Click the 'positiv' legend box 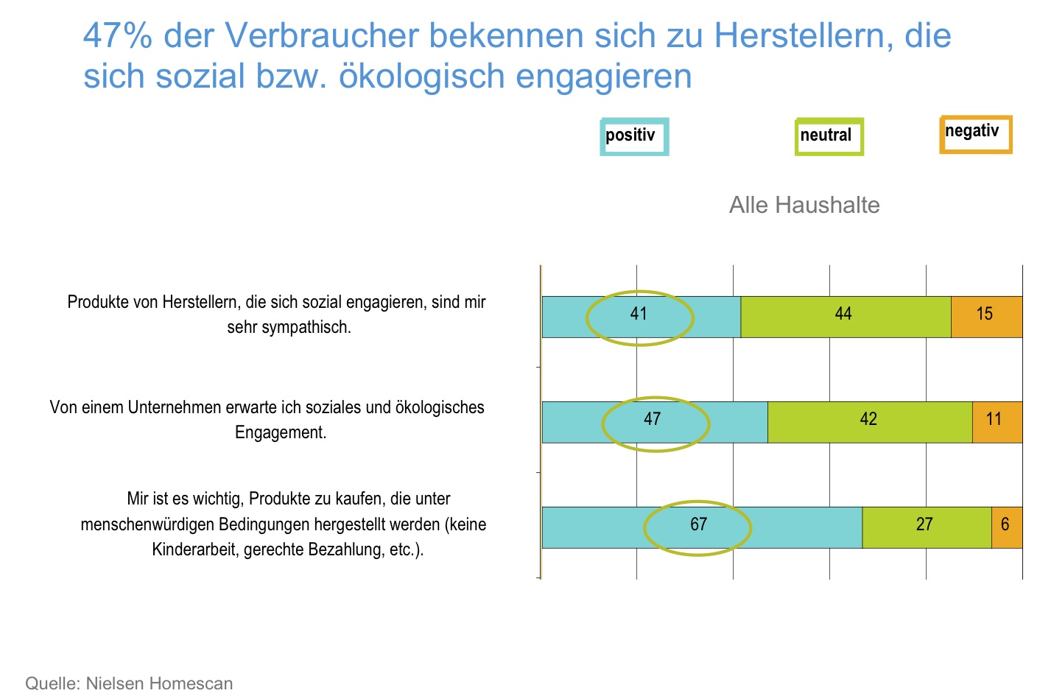tap(634, 137)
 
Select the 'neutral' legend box tap(829, 137)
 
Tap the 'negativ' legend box tap(976, 134)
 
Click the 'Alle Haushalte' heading tap(804, 205)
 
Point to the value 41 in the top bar tap(639, 314)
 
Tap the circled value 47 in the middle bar tap(653, 420)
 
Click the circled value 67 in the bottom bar tap(698, 525)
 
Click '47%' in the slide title tap(118, 35)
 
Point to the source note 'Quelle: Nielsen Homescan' tap(129, 683)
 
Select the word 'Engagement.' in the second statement tap(281, 433)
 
